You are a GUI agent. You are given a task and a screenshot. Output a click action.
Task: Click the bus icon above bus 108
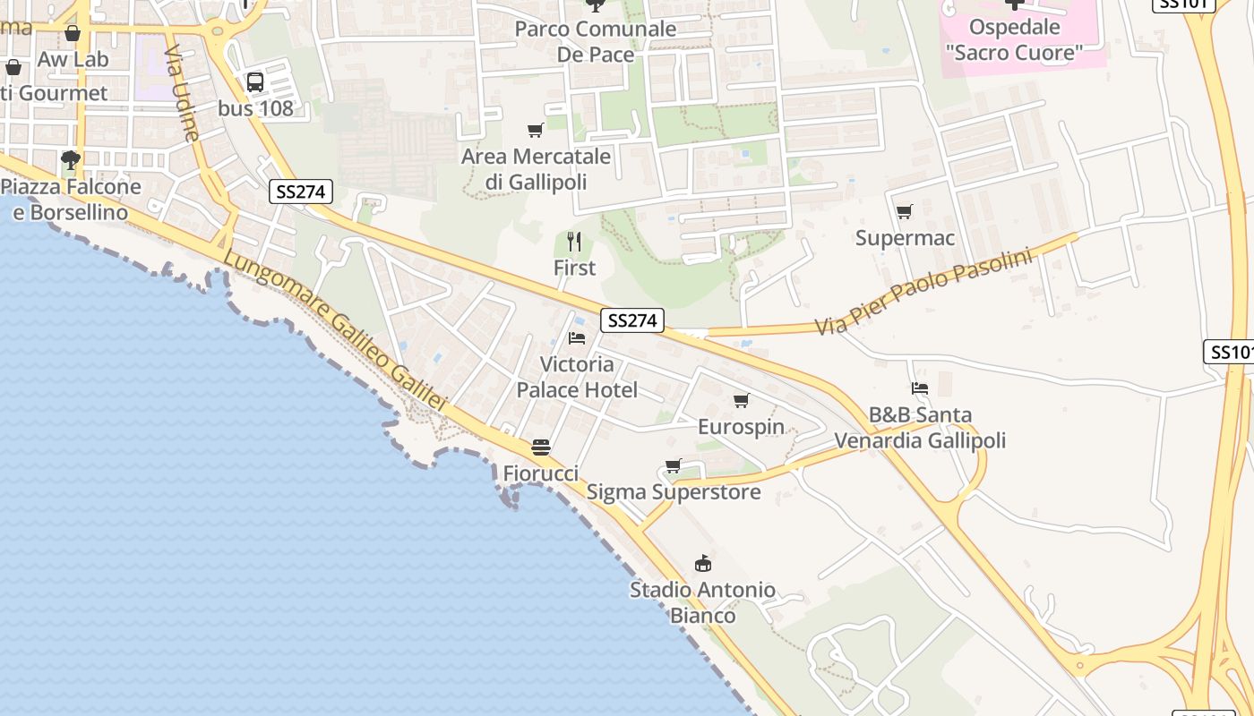click(255, 82)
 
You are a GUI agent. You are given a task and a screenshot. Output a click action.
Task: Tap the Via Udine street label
click(182, 93)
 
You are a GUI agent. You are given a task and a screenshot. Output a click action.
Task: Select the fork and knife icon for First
click(574, 242)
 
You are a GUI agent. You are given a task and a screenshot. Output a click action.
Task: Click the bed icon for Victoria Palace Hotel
click(577, 338)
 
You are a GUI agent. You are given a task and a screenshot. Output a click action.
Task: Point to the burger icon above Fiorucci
click(540, 447)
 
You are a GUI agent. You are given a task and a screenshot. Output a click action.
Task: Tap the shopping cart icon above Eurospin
click(741, 400)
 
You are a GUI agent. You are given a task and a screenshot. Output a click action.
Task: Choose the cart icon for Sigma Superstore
click(674, 465)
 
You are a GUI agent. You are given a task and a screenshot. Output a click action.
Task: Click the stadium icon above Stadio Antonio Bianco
click(703, 563)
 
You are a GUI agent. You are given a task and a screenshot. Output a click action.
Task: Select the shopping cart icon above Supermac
click(905, 212)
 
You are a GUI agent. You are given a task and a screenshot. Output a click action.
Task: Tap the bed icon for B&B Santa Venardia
click(920, 388)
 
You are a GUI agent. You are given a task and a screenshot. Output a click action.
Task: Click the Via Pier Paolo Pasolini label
click(923, 291)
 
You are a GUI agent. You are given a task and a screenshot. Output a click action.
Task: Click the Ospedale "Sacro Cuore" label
click(1014, 40)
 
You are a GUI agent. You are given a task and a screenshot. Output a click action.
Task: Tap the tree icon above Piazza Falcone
click(71, 160)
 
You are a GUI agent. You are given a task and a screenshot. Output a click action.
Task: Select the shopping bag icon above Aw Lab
click(73, 33)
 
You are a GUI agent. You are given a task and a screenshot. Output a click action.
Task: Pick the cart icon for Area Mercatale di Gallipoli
click(536, 131)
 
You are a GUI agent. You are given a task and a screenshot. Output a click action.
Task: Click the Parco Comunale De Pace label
click(595, 41)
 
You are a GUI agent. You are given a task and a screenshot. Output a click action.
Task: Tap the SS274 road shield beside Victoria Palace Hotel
click(632, 320)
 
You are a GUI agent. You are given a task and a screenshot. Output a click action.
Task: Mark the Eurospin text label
click(741, 427)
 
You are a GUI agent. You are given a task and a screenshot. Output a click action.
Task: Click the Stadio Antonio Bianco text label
click(702, 602)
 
